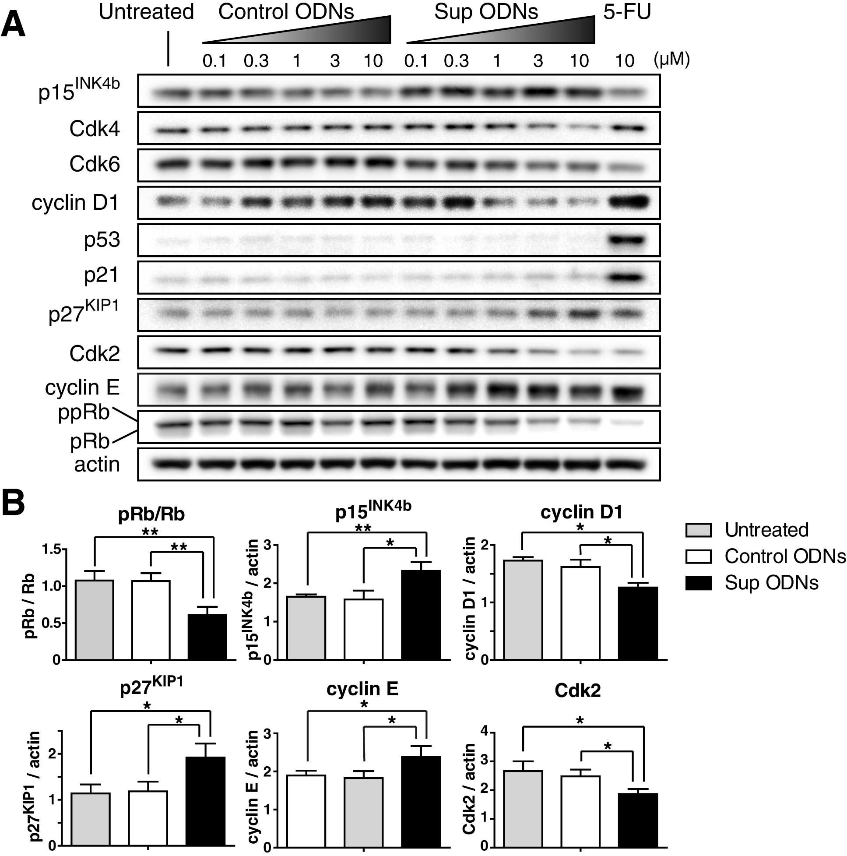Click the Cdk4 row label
click(95, 129)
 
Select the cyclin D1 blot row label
click(75, 203)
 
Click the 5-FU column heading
click(627, 12)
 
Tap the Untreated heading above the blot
click(146, 12)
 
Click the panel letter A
click(13, 25)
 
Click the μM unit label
click(671, 59)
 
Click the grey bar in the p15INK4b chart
click(306, 628)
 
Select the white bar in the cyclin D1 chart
click(580, 613)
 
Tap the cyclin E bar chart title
click(362, 688)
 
